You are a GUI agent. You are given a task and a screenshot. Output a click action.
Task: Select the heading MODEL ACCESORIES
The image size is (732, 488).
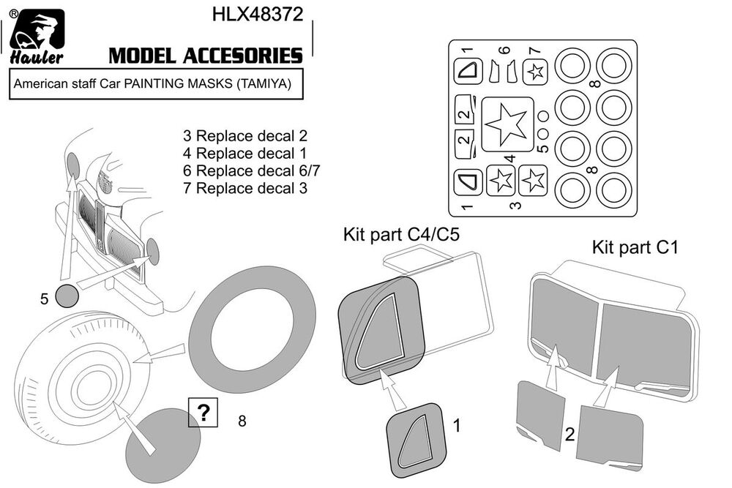click(205, 56)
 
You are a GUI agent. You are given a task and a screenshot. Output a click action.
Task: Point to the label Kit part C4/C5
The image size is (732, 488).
click(401, 236)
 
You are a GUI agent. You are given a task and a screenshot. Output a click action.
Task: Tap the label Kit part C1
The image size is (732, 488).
click(635, 248)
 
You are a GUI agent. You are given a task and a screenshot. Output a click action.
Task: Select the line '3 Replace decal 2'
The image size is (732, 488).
click(235, 136)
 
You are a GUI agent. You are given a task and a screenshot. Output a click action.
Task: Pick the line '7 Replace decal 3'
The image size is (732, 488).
click(235, 189)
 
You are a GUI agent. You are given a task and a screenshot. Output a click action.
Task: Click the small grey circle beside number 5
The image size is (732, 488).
click(68, 296)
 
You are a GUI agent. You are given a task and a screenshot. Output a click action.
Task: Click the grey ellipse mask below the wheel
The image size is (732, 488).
click(163, 442)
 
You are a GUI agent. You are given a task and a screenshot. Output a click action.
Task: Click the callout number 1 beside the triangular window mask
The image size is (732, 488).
click(456, 424)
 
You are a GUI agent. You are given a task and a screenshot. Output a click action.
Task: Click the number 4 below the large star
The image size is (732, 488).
click(510, 157)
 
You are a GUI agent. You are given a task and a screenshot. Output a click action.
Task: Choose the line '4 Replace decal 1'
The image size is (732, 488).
click(235, 154)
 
